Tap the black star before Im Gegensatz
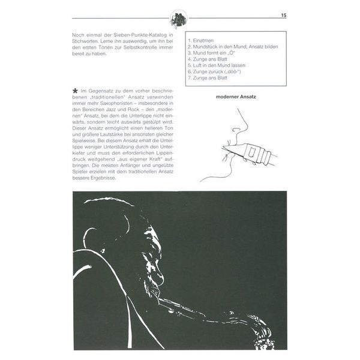(75, 88)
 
